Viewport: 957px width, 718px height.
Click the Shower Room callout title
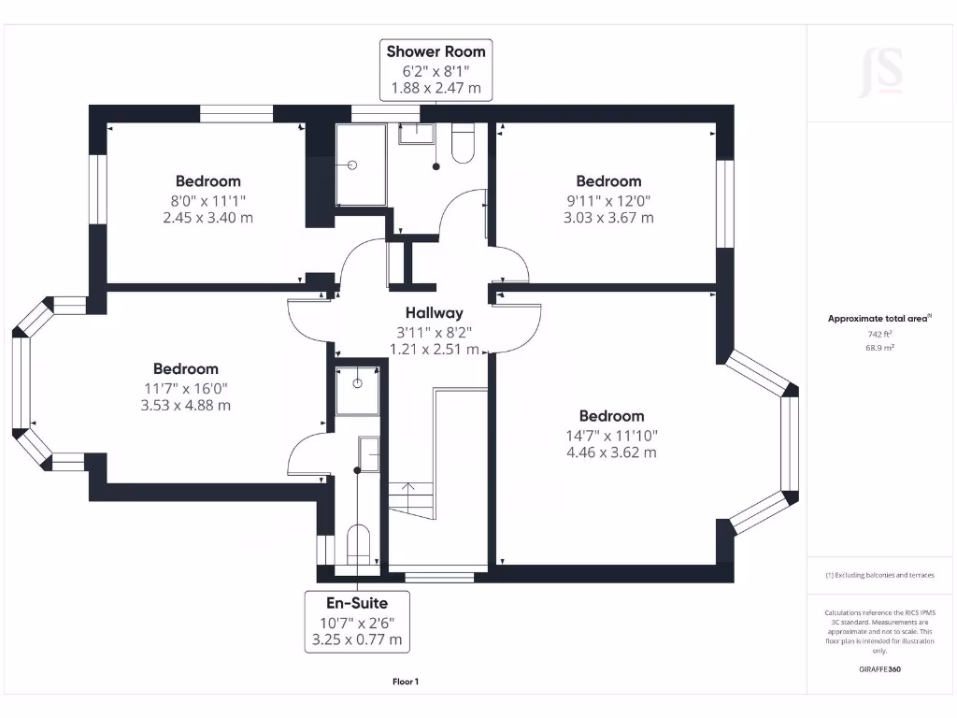click(436, 51)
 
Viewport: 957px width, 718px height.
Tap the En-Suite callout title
click(356, 603)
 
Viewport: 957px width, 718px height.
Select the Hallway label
click(434, 313)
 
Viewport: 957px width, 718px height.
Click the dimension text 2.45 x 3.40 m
click(207, 218)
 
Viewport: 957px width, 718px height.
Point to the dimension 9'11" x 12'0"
click(608, 200)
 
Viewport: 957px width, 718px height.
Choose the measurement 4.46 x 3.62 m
click(611, 452)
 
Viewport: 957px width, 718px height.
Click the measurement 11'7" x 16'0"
click(185, 388)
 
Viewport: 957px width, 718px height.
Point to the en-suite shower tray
click(359, 391)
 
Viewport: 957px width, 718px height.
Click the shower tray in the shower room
click(360, 165)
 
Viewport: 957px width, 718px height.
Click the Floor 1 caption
click(406, 682)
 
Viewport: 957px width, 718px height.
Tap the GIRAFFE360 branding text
click(879, 669)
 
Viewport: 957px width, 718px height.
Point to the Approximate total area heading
click(878, 319)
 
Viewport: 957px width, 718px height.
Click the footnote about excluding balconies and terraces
click(879, 575)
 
